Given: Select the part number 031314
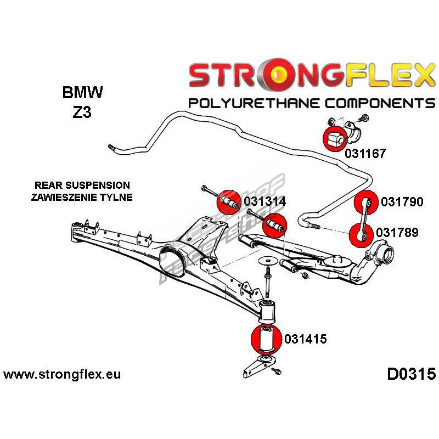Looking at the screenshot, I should (265, 201).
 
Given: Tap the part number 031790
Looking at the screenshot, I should (402, 202).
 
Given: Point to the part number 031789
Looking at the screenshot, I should (397, 233).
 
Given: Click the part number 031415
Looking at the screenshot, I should (305, 339).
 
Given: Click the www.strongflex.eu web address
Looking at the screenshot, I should (61, 375).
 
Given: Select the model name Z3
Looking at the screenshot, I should (80, 113).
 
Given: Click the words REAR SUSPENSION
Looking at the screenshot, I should (82, 185).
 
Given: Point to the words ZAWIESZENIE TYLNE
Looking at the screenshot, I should (83, 197).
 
